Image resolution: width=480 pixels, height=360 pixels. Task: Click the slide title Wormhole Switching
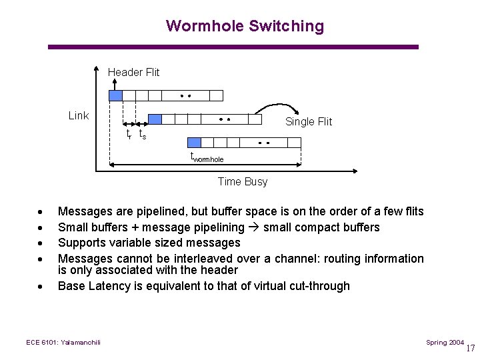click(x=245, y=26)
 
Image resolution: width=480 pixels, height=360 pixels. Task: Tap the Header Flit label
click(x=133, y=72)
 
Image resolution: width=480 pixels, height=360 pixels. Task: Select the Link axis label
click(x=79, y=115)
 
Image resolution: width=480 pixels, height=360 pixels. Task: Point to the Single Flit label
click(x=308, y=121)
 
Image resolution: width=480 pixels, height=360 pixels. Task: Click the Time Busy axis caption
click(x=243, y=181)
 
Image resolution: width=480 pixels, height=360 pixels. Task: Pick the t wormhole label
click(x=207, y=158)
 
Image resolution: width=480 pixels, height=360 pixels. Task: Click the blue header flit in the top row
click(x=115, y=95)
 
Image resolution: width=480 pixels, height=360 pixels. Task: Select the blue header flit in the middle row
click(x=155, y=119)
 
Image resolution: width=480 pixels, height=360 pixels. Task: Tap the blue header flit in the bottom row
click(x=194, y=142)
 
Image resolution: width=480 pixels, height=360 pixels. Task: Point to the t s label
click(x=142, y=135)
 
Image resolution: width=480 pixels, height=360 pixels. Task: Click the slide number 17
click(x=471, y=347)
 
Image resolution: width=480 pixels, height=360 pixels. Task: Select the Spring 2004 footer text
click(x=445, y=342)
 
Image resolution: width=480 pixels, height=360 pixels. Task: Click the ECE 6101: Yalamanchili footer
click(x=63, y=342)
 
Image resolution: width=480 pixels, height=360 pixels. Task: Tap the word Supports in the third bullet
click(x=81, y=243)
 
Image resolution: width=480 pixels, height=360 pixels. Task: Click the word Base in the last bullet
click(x=71, y=286)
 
